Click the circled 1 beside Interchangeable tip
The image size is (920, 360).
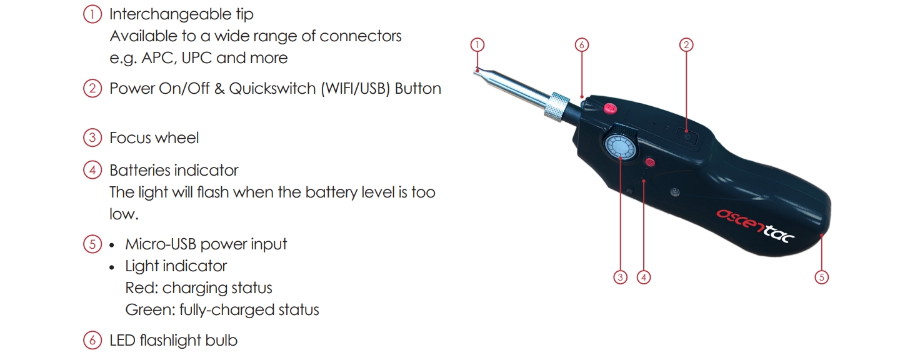tap(92, 14)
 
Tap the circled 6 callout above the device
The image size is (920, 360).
tap(581, 44)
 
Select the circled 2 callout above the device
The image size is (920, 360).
tap(686, 44)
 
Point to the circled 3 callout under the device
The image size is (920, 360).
tap(620, 277)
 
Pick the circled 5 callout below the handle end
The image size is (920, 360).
tap(821, 277)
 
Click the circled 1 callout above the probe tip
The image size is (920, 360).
tap(477, 44)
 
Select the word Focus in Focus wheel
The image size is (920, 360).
tap(130, 138)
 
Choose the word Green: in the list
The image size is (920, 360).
tap(150, 310)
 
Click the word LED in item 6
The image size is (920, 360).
tap(122, 341)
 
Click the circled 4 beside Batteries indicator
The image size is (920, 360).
tap(92, 170)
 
